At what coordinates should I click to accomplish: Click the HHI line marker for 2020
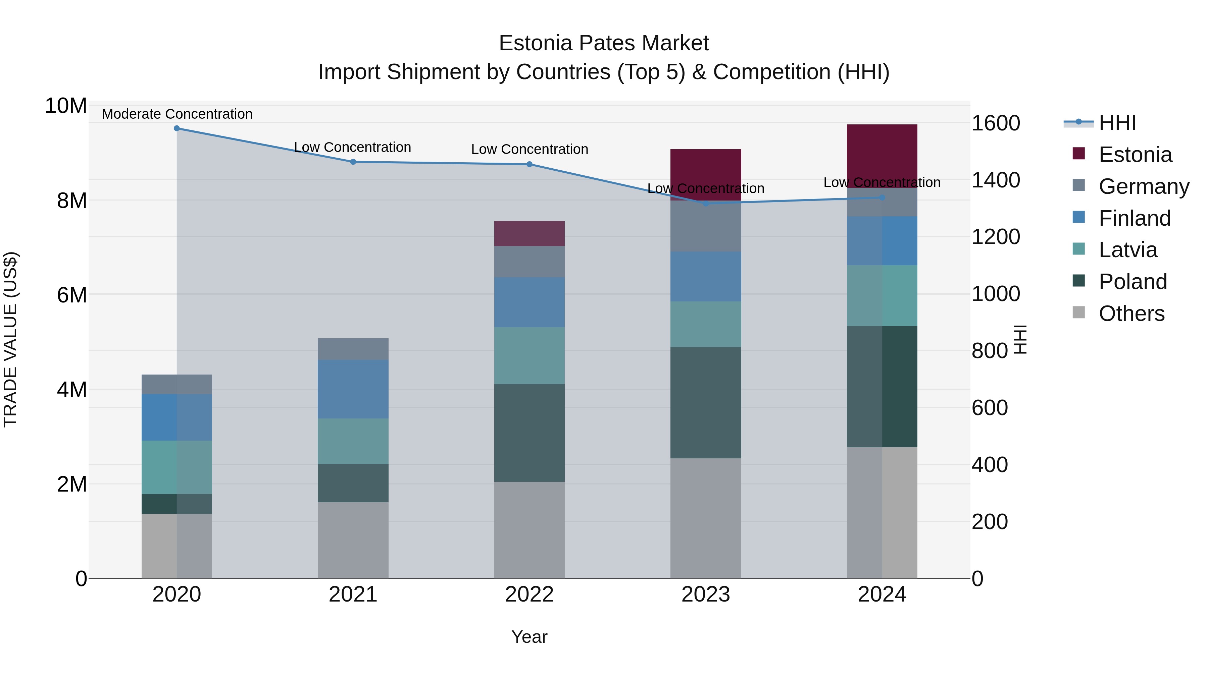point(177,128)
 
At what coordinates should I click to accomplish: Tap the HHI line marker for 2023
point(706,204)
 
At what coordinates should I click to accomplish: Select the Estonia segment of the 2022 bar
point(530,233)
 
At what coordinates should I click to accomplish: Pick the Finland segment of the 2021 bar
point(353,389)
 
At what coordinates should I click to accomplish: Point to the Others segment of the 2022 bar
point(530,530)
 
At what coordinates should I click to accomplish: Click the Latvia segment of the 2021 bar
point(353,441)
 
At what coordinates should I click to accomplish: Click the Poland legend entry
point(1132,282)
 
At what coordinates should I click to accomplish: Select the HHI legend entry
point(1117,123)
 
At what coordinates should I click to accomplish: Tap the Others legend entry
point(1131,314)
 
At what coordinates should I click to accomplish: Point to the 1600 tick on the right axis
point(996,123)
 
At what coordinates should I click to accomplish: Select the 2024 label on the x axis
point(882,595)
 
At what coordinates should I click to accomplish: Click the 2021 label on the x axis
point(353,595)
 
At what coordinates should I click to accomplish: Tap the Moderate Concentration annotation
point(177,114)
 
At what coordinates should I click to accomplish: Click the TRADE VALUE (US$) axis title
point(10,339)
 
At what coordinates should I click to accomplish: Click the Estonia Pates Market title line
point(604,43)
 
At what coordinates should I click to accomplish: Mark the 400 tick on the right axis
point(990,465)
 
